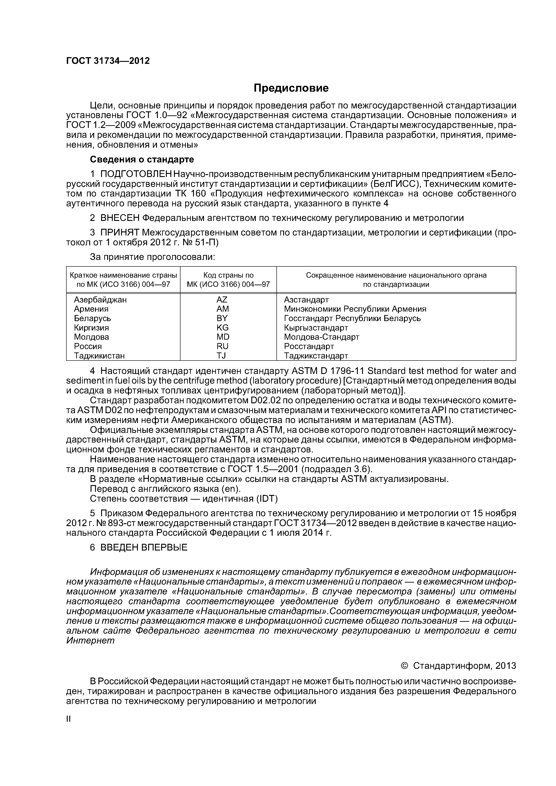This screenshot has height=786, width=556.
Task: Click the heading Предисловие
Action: [x=291, y=88]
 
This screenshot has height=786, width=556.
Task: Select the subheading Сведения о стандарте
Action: [x=142, y=160]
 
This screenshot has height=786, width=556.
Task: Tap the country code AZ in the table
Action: [x=222, y=300]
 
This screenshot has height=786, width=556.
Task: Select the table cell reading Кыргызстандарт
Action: [x=316, y=328]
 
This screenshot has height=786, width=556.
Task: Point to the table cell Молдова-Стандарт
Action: [x=321, y=337]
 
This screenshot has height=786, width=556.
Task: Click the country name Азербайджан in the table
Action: [x=100, y=300]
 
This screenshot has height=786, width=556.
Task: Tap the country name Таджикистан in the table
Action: [x=99, y=356]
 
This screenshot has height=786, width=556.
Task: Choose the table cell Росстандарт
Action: [x=309, y=346]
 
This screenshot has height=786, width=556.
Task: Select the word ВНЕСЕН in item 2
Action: [x=119, y=218]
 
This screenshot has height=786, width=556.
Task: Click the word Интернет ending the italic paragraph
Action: [x=90, y=640]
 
